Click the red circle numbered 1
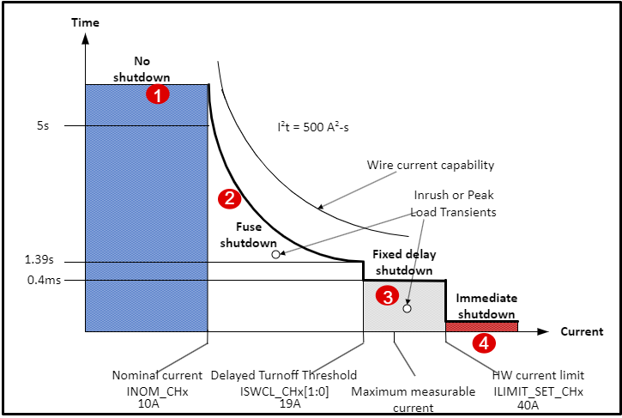(158, 94)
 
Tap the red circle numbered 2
(229, 199)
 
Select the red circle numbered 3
(389, 297)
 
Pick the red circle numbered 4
(484, 343)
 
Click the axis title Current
(582, 331)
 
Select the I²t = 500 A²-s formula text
(312, 127)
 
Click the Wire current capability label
(431, 165)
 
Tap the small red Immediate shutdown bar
(481, 326)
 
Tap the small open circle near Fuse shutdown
(275, 254)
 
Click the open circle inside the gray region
(408, 308)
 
